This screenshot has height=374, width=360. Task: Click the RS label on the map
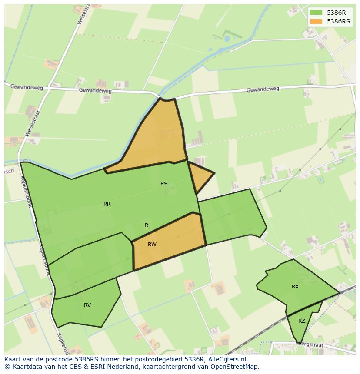164,184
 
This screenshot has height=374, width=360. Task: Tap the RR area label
107,204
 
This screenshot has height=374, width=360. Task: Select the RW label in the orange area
152,245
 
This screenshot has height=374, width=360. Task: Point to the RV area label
87,305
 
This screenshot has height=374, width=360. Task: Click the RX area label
295,287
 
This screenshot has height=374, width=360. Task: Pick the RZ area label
302,321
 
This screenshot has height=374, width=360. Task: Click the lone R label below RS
147,225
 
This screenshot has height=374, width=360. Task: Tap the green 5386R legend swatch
316,13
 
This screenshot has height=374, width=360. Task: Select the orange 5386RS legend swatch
316,21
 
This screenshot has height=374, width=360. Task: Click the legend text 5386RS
338,21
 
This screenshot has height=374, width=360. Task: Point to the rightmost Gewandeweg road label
263,89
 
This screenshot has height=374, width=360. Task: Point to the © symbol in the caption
7,367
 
